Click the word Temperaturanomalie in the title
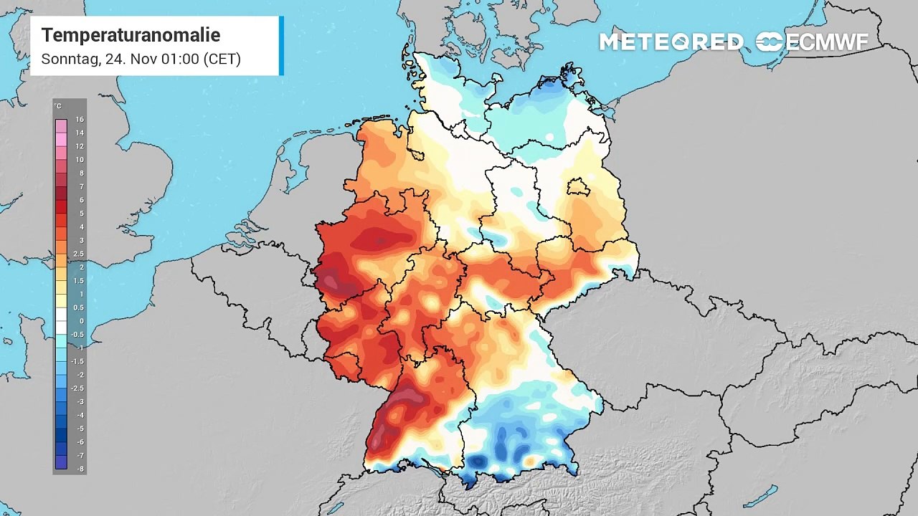pos(131,35)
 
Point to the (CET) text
pos(222,59)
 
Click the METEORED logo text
pos(671,42)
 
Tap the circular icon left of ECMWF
pos(770,42)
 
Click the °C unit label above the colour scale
pos(57,106)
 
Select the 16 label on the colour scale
pos(80,120)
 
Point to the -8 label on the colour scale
pos(80,469)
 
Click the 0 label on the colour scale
pos(81,321)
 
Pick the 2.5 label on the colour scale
pos(79,254)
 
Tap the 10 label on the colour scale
pos(80,160)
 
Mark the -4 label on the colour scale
pos(80,415)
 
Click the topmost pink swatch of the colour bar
pos(61,125)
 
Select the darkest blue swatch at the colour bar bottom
pos(61,463)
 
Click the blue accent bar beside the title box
pos(281,46)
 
